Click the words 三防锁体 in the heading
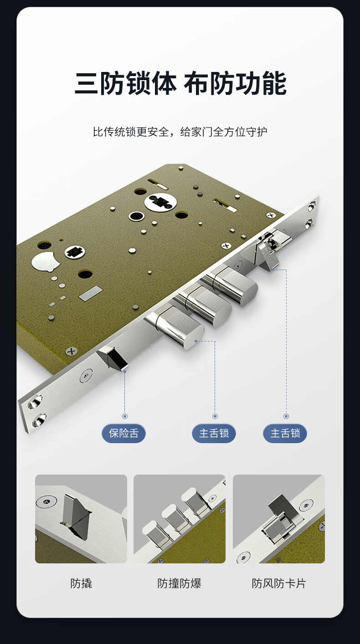click(x=125, y=83)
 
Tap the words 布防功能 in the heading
click(x=235, y=83)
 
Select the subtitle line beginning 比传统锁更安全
click(x=180, y=132)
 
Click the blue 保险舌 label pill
click(x=123, y=433)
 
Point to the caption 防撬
click(x=81, y=583)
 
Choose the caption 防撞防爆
click(x=179, y=583)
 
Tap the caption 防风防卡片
click(x=278, y=583)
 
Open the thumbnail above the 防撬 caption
click(x=81, y=519)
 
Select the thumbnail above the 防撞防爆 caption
click(x=180, y=519)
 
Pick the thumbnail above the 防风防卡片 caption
click(x=279, y=519)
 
